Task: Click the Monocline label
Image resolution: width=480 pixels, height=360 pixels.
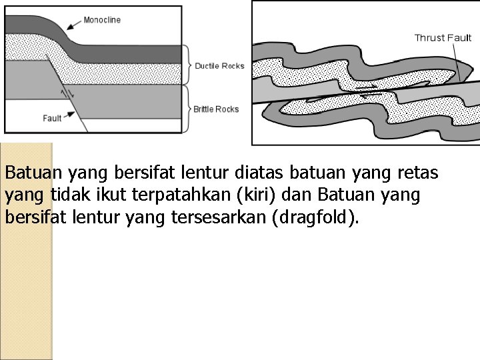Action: (101, 20)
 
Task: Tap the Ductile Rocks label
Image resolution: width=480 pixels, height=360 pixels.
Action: (219, 66)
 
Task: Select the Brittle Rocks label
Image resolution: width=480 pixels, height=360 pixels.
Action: (216, 109)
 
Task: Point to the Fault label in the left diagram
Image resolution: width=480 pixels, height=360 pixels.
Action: (52, 118)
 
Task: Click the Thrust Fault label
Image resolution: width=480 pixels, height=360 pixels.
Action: (443, 37)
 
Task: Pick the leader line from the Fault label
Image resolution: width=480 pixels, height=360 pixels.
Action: (69, 117)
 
